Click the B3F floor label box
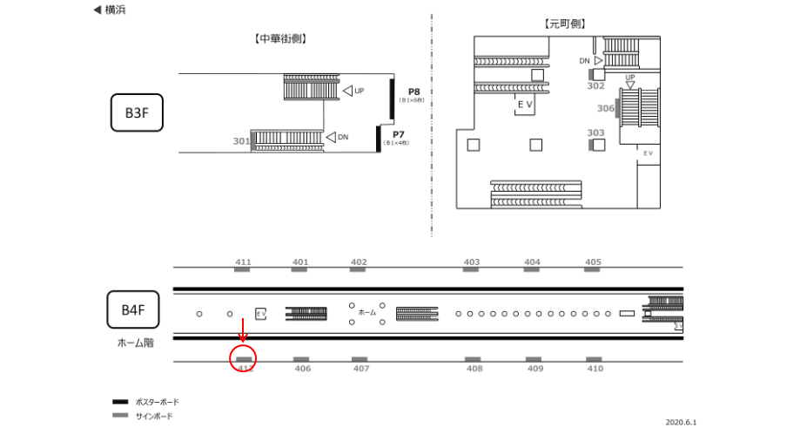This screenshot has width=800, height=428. click(138, 113)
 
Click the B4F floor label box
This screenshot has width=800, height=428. click(133, 310)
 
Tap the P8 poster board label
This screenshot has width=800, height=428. click(413, 92)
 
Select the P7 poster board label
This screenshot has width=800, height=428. click(398, 135)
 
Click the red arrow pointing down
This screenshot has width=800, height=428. click(243, 331)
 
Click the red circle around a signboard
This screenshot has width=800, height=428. click(244, 358)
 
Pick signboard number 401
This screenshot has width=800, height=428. click(300, 262)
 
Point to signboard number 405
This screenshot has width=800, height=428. click(593, 262)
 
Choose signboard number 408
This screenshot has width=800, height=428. click(474, 369)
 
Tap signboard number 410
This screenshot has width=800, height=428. click(595, 369)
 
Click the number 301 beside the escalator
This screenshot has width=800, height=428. click(241, 141)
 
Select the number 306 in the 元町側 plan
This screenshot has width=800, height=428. click(606, 109)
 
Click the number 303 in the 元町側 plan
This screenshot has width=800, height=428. click(595, 133)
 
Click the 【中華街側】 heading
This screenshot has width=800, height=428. click(281, 39)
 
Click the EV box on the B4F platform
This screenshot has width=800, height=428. click(260, 314)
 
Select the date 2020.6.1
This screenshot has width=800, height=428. click(682, 421)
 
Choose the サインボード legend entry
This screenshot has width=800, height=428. click(153, 416)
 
